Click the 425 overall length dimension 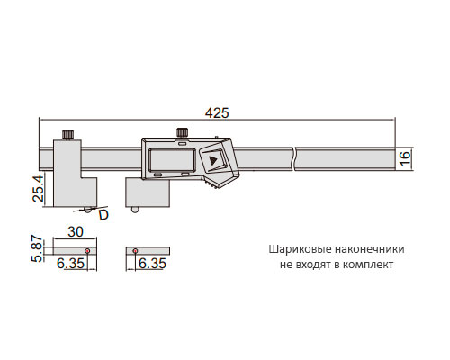217,113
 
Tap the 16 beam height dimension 405,158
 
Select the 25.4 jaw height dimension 39,188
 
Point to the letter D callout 103,215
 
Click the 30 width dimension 76,231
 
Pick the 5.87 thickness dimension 38,248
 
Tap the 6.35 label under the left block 71,264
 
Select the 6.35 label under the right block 152,264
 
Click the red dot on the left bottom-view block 87,250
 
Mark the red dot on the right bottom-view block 135,250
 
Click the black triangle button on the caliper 213,160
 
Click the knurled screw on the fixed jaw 67,134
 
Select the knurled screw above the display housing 182,132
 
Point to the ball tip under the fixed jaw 88,210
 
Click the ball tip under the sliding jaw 135,210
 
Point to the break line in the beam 293,159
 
